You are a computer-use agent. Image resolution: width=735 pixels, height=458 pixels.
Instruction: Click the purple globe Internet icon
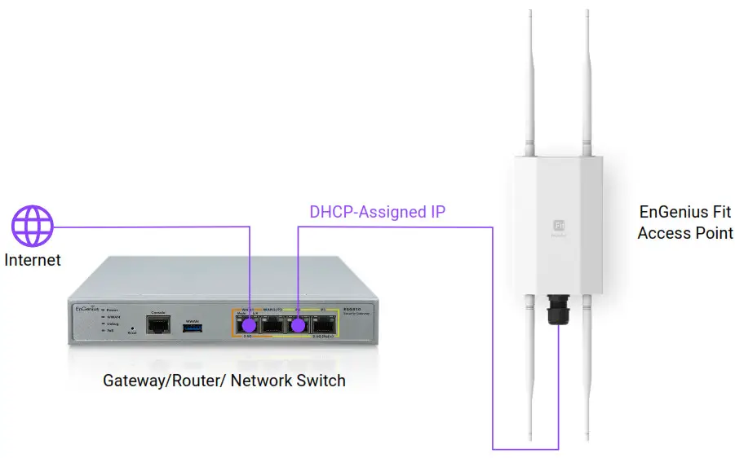pos(33,226)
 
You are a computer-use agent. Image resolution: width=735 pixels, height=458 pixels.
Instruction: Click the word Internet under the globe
pos(33,261)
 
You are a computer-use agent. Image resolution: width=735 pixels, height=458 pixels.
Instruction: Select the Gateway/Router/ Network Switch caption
pos(224,381)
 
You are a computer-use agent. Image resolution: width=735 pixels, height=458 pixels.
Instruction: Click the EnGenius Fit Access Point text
pos(685,222)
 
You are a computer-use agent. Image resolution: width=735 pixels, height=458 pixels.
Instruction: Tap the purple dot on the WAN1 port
pos(250,325)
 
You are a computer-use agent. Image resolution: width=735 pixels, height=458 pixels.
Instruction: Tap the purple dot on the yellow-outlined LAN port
pos(299,325)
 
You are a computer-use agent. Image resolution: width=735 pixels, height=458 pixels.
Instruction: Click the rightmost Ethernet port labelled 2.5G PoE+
pos(324,325)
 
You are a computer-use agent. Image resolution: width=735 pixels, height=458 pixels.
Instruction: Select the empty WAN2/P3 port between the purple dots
pos(273,325)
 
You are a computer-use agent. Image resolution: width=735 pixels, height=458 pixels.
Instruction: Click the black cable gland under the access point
pos(559,310)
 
